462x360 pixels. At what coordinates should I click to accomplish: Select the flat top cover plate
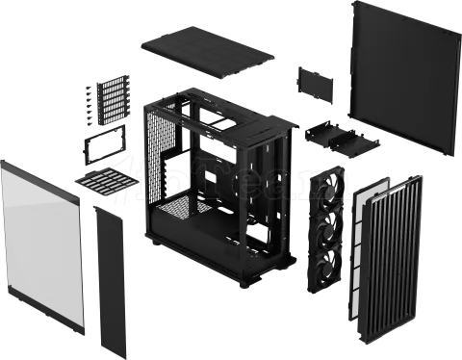[207, 54]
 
